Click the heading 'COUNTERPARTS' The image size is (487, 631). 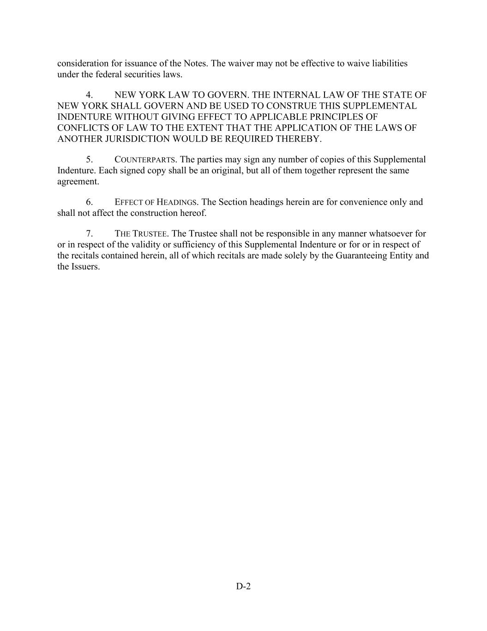coord(145,160)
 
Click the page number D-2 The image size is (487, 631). coord(243,587)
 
